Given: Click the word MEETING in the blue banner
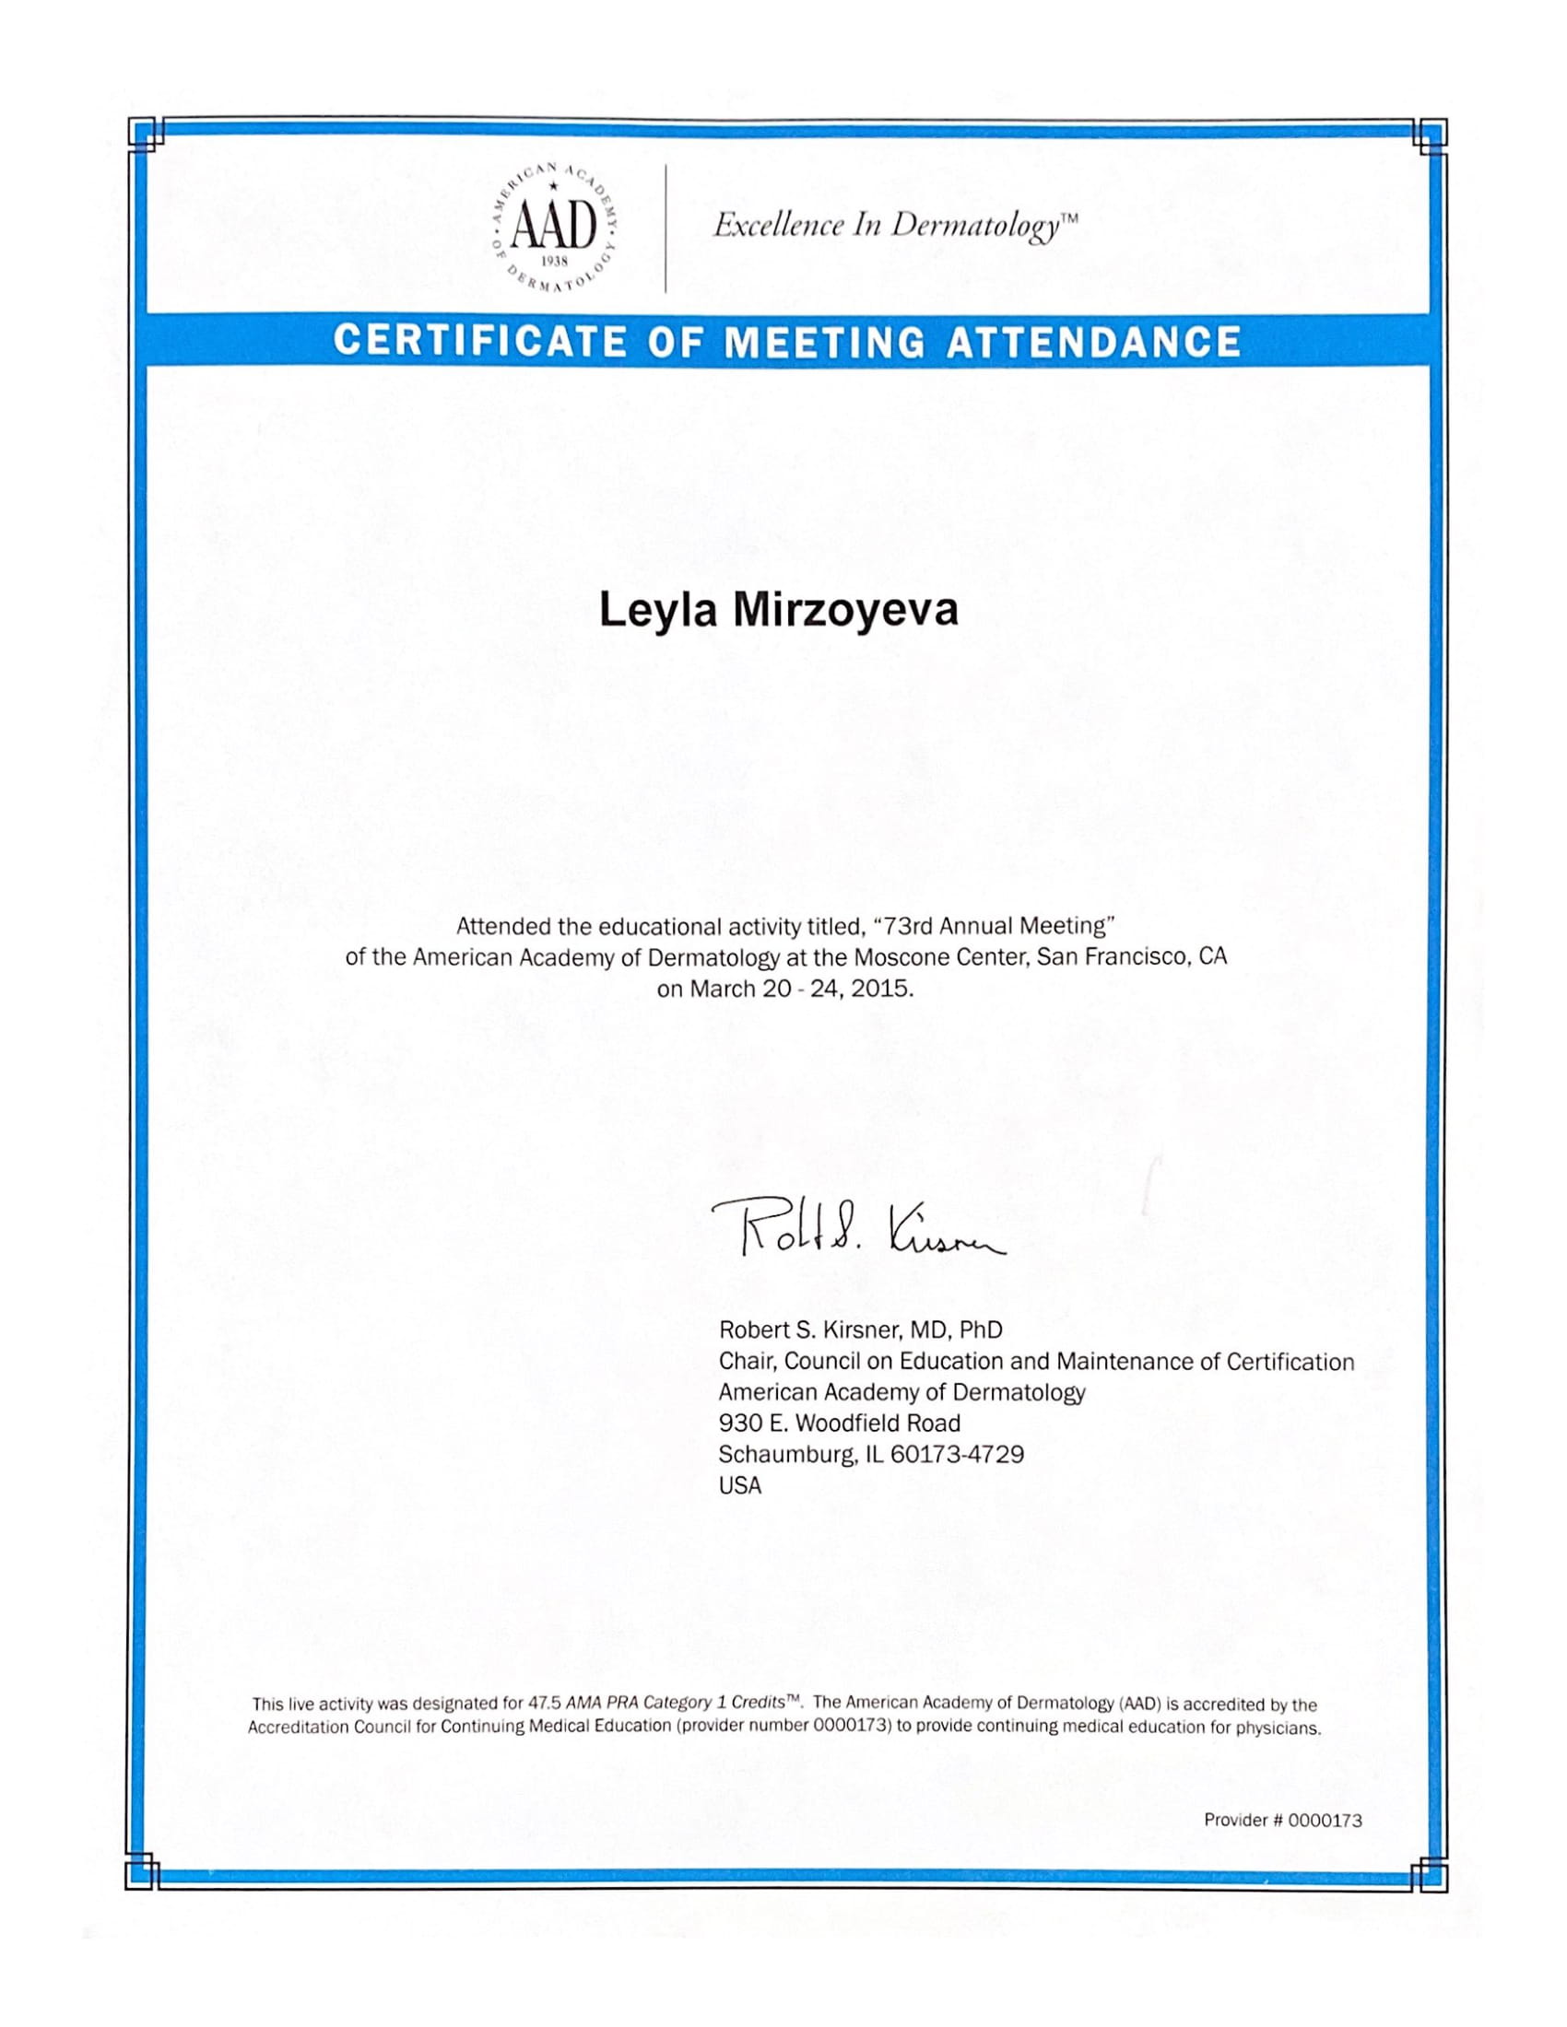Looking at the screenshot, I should [823, 342].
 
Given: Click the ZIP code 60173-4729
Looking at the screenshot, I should [956, 1454].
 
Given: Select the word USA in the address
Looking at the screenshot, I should [740, 1486].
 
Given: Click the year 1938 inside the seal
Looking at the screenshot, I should [553, 262].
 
